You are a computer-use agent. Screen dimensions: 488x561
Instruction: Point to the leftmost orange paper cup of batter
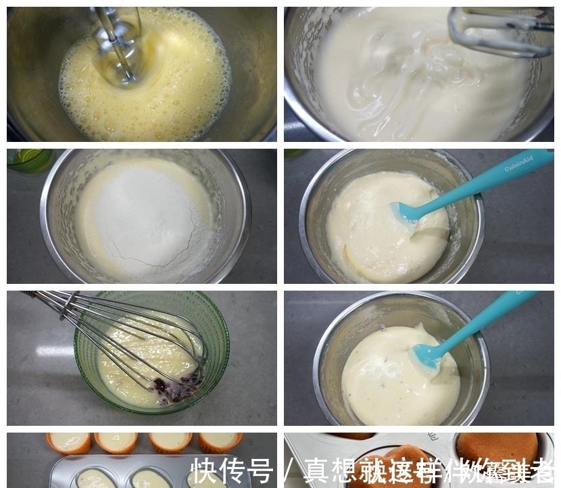tap(68, 442)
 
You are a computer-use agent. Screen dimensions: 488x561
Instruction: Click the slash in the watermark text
tap(289, 470)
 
